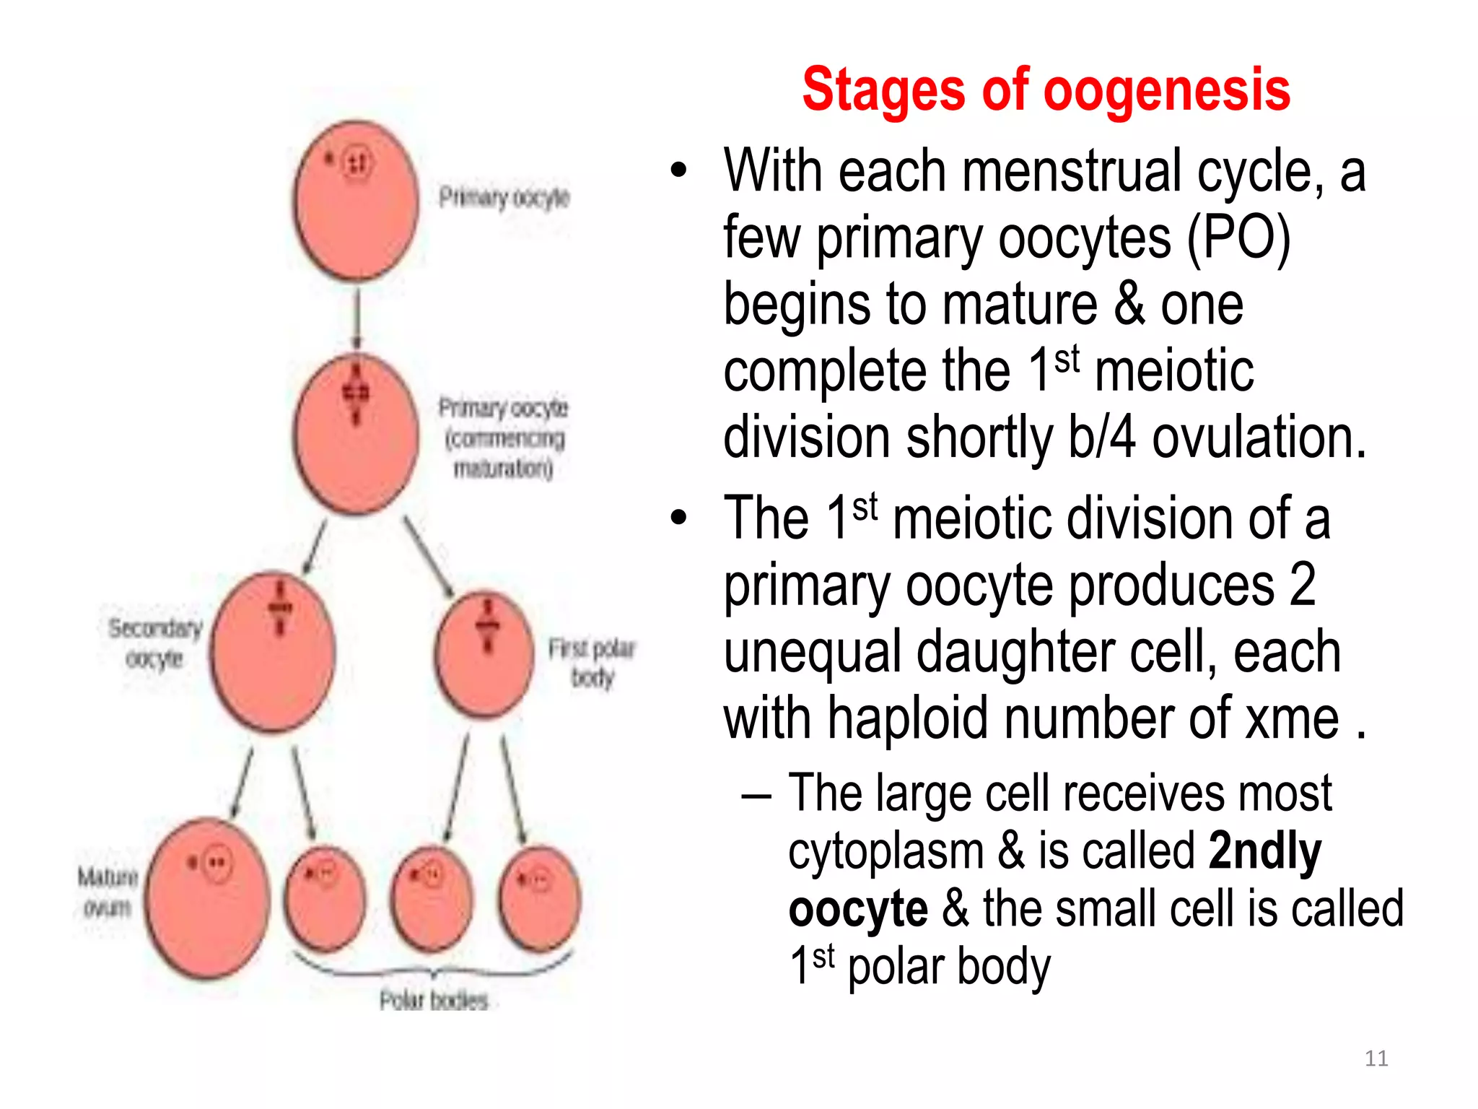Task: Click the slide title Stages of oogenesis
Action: pos(1046,90)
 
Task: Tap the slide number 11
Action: pos(1376,1058)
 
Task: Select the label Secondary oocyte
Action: pos(154,643)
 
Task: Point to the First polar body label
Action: pos(592,662)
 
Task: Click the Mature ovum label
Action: pos(108,892)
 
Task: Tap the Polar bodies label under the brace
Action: pos(434,1001)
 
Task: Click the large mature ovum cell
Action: pos(208,899)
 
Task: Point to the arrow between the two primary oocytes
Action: pos(357,318)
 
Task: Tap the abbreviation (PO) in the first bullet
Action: pos(1238,238)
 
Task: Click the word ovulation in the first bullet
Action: pos(1259,438)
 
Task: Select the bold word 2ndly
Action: pos(1264,851)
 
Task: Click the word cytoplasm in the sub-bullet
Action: pos(886,851)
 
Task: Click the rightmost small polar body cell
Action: pos(540,899)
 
